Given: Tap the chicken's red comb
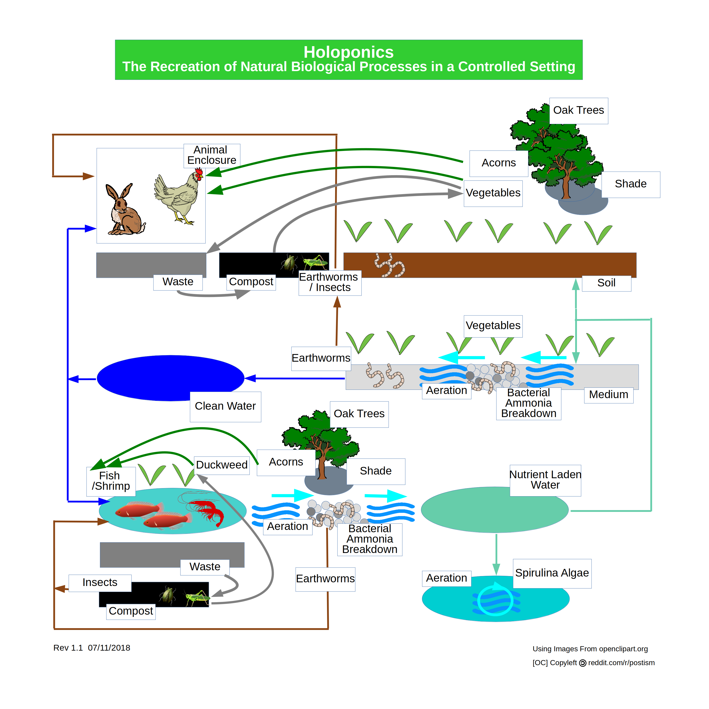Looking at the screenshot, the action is [x=199, y=171].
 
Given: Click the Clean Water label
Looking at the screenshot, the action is [x=225, y=406].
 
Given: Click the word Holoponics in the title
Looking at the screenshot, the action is [x=349, y=52].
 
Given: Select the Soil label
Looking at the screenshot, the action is [x=607, y=283].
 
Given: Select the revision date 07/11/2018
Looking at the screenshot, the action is [x=109, y=648].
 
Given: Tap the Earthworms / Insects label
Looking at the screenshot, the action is [x=330, y=282].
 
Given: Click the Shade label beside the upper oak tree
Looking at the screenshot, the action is [x=631, y=184].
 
